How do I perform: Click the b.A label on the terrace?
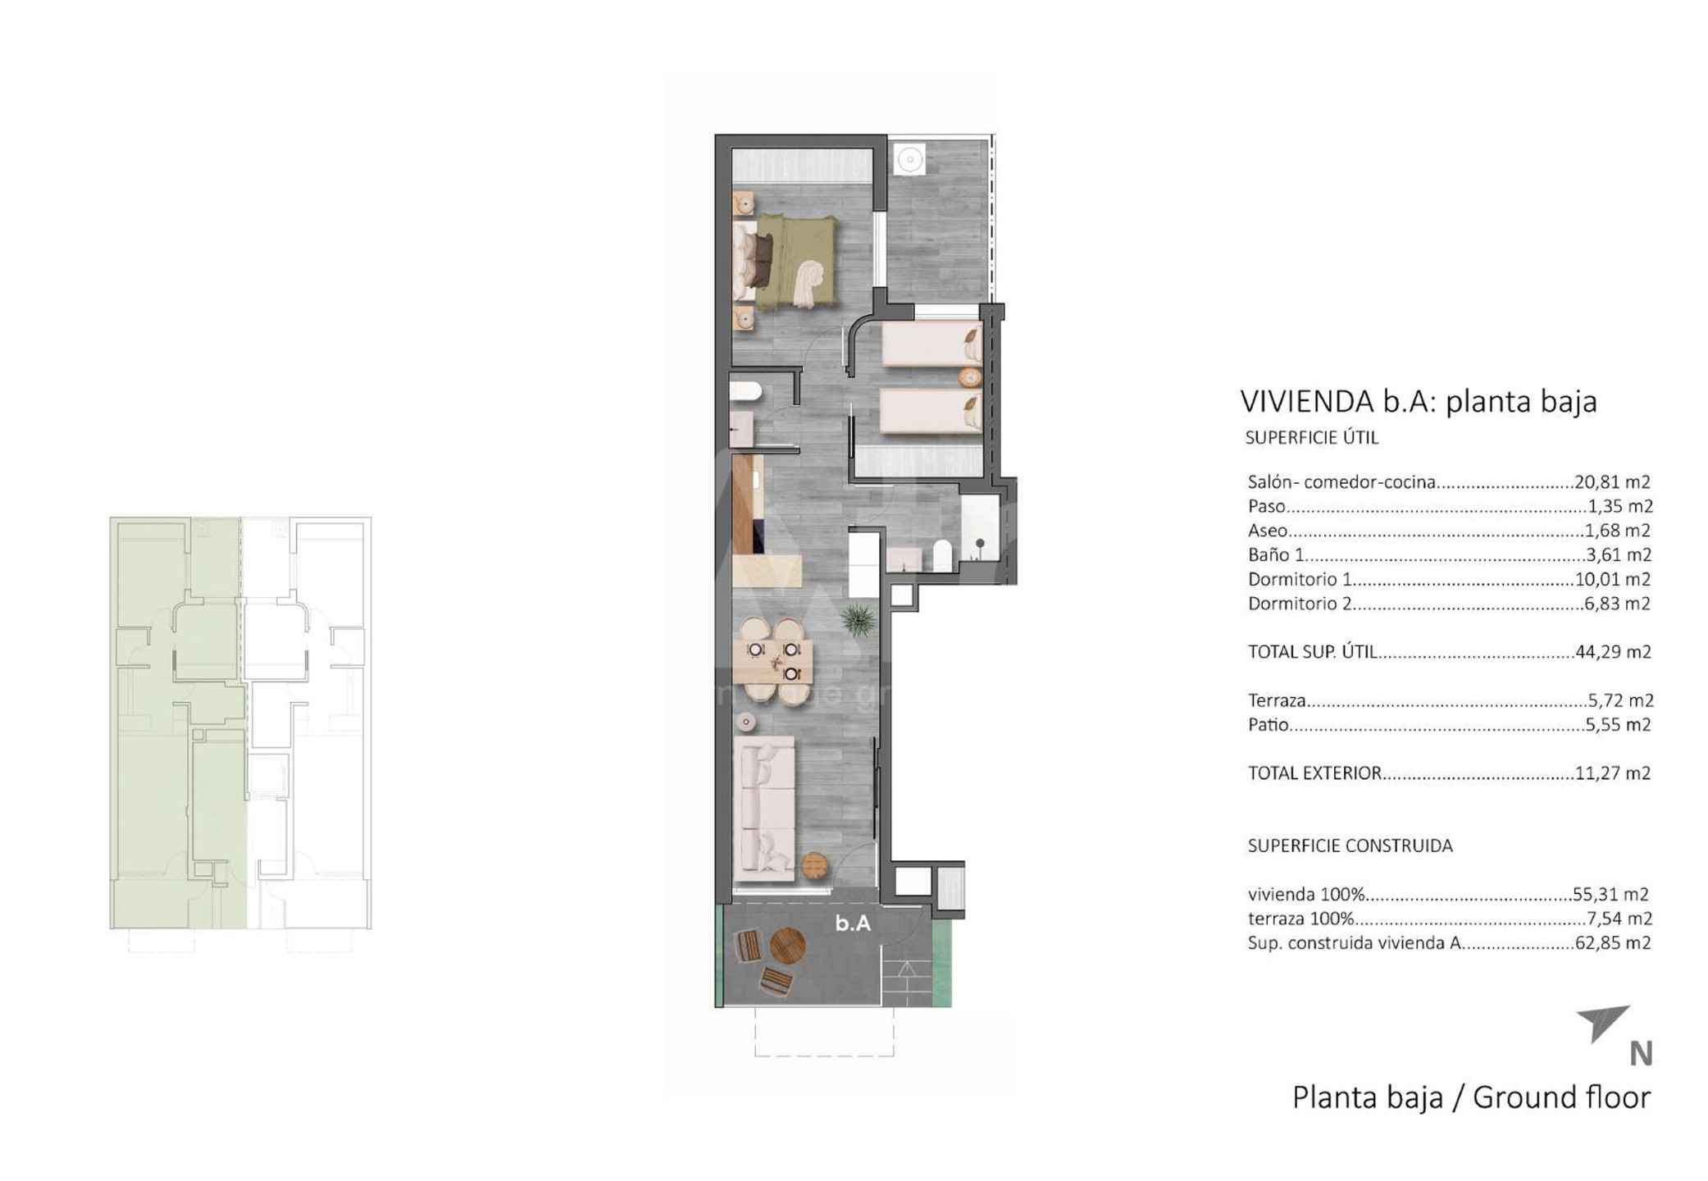tap(853, 923)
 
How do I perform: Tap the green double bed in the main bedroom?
tap(786, 262)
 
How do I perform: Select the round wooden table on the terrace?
tap(787, 946)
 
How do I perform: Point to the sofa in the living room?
tap(764, 808)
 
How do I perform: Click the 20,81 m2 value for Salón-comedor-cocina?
tap(1612, 482)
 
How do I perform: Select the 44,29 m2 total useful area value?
tap(1613, 652)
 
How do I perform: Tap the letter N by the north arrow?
tap(1641, 1054)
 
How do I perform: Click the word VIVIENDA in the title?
tap(1307, 402)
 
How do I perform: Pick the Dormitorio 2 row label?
tap(1300, 604)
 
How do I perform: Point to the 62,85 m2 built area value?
tap(1613, 943)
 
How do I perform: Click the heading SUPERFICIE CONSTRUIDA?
tap(1350, 846)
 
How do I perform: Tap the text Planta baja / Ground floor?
tap(1471, 1097)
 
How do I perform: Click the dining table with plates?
tap(772, 662)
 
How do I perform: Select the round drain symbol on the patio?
tap(909, 159)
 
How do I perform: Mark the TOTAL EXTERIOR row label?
tap(1314, 773)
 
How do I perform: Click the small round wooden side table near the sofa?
tap(814, 865)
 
